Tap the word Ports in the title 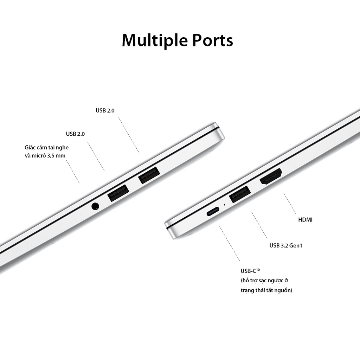coord(212,40)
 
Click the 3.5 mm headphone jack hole coord(95,206)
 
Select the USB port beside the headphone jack coord(118,193)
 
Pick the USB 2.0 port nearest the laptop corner coord(149,175)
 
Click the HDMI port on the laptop coord(271,177)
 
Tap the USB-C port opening coord(213,212)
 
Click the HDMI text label coord(305,220)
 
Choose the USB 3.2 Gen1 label coord(286,245)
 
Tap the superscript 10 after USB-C coord(258,269)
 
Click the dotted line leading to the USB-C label coord(230,244)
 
